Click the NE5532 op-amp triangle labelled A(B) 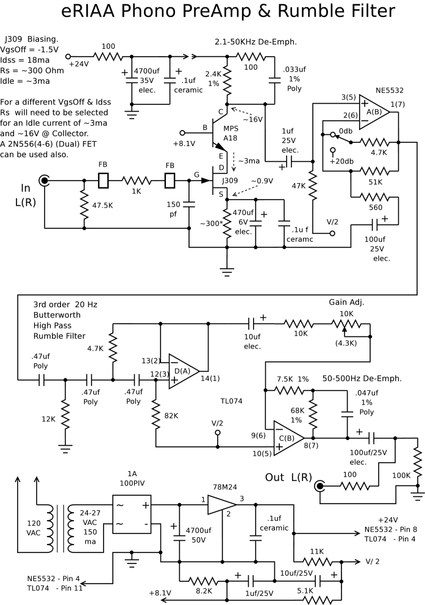[374, 112]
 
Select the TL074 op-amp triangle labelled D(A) [184, 371]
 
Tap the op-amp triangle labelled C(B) [288, 438]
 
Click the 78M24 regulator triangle [221, 504]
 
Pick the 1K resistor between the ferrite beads [137, 181]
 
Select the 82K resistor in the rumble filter [155, 415]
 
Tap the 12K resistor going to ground [65, 418]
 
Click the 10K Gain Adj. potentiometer [346, 325]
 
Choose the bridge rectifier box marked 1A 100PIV [131, 514]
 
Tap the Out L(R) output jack [320, 486]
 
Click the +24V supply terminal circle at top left [68, 56]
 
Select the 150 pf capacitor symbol [189, 204]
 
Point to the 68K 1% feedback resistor [313, 415]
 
